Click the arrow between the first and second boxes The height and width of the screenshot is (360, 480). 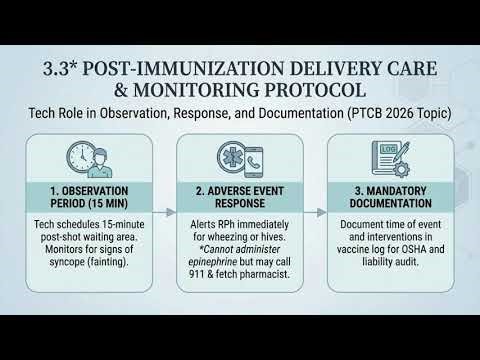tap(168, 212)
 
